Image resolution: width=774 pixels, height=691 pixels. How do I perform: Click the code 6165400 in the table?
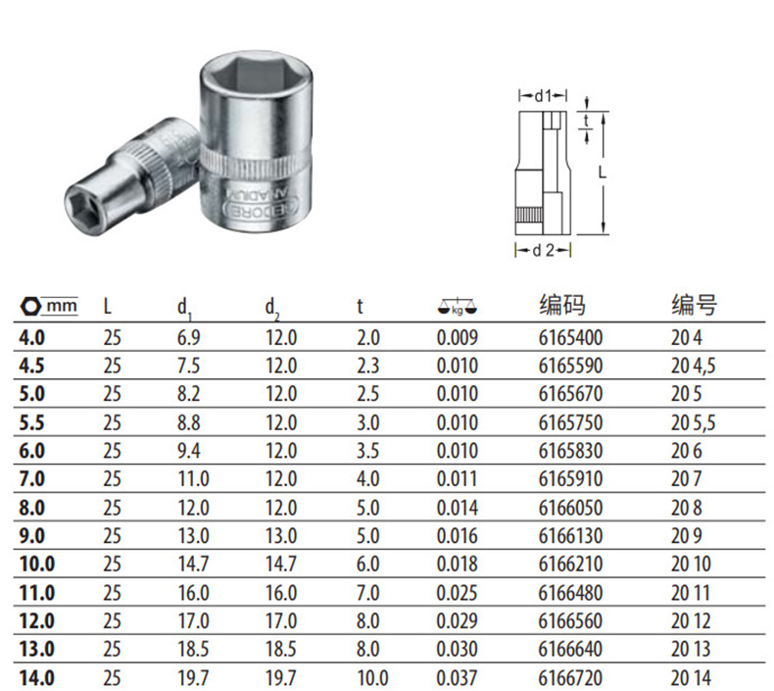click(x=570, y=338)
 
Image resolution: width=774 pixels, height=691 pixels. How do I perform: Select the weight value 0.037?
click(x=458, y=678)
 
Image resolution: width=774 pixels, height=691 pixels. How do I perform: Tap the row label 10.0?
click(x=37, y=564)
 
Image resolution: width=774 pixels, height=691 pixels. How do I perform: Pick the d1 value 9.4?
click(x=188, y=451)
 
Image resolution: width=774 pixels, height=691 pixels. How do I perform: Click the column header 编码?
click(x=562, y=304)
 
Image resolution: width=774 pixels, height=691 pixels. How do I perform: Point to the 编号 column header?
click(x=694, y=304)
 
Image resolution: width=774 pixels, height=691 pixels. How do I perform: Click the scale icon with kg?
click(x=458, y=307)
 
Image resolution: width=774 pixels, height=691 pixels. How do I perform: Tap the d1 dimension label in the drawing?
click(x=543, y=95)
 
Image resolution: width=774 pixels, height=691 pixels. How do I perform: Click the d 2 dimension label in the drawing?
click(x=543, y=250)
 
